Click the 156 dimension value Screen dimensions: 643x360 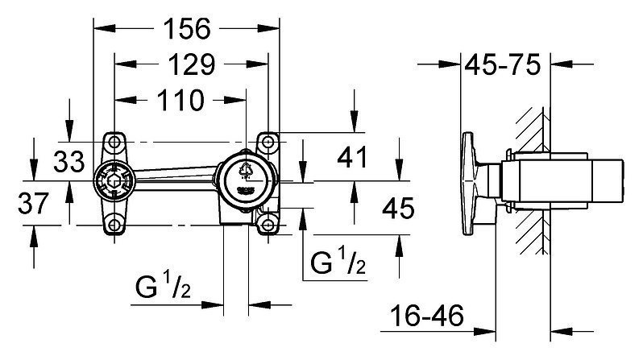pyautogui.click(x=187, y=29)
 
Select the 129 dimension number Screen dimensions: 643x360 pyautogui.click(x=192, y=64)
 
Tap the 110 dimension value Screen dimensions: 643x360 pyautogui.click(x=180, y=100)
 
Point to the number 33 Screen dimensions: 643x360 pyautogui.click(x=69, y=161)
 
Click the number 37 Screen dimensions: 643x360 pyautogui.click(x=33, y=204)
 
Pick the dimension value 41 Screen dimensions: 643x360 pyautogui.click(x=352, y=157)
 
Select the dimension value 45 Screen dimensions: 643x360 pyautogui.click(x=398, y=208)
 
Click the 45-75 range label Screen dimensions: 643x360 pyautogui.click(x=502, y=64)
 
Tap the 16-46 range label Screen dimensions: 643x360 pyautogui.click(x=427, y=316)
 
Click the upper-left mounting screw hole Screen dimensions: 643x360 pyautogui.click(x=114, y=143)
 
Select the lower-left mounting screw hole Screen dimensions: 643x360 pyautogui.click(x=114, y=225)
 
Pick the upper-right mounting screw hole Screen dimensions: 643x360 pyautogui.click(x=268, y=143)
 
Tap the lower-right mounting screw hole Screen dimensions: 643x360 pyautogui.click(x=268, y=225)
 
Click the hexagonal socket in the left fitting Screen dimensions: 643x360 pyautogui.click(x=114, y=181)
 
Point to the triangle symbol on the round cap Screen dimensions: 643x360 pyautogui.click(x=246, y=169)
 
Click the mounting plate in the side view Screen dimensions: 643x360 pyautogui.click(x=469, y=184)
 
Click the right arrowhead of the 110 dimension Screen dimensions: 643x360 pyautogui.click(x=235, y=100)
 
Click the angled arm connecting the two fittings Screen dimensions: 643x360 pyautogui.click(x=176, y=176)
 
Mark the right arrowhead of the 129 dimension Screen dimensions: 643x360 pyautogui.click(x=258, y=64)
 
